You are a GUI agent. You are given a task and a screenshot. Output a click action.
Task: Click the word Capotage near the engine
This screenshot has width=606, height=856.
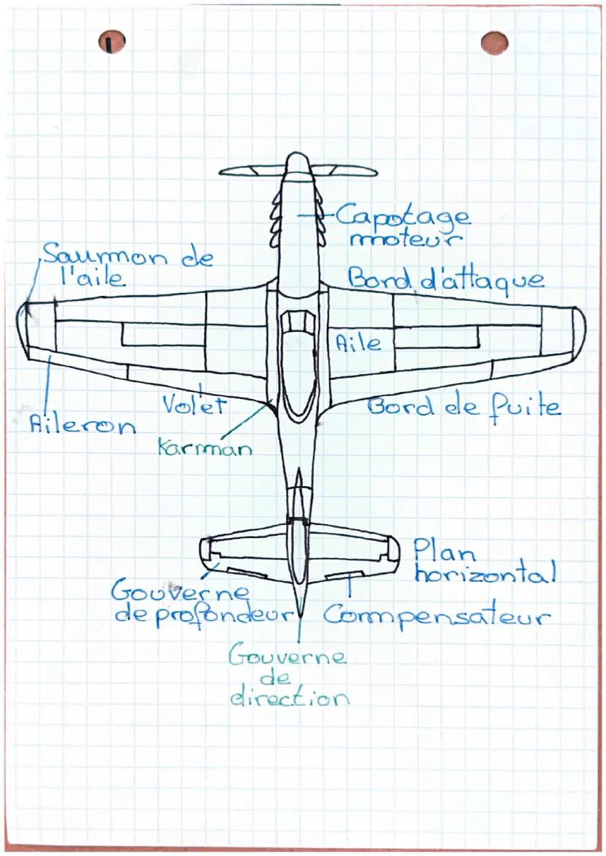[403, 217]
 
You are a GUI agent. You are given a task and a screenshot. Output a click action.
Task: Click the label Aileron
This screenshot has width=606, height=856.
[82, 424]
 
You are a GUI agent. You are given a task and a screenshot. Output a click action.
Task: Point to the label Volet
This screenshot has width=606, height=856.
[194, 404]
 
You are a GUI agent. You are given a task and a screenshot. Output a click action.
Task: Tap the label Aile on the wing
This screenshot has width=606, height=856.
[358, 342]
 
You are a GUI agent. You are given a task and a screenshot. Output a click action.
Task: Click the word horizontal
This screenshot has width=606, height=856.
[485, 572]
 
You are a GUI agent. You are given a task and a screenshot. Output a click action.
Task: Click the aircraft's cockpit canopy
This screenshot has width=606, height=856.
[298, 365]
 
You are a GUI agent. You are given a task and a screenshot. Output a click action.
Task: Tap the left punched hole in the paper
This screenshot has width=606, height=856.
[111, 42]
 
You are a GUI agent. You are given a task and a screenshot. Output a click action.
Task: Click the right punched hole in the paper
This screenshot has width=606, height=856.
[495, 42]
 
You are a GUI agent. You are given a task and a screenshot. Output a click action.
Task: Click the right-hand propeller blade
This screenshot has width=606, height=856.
[344, 171]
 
